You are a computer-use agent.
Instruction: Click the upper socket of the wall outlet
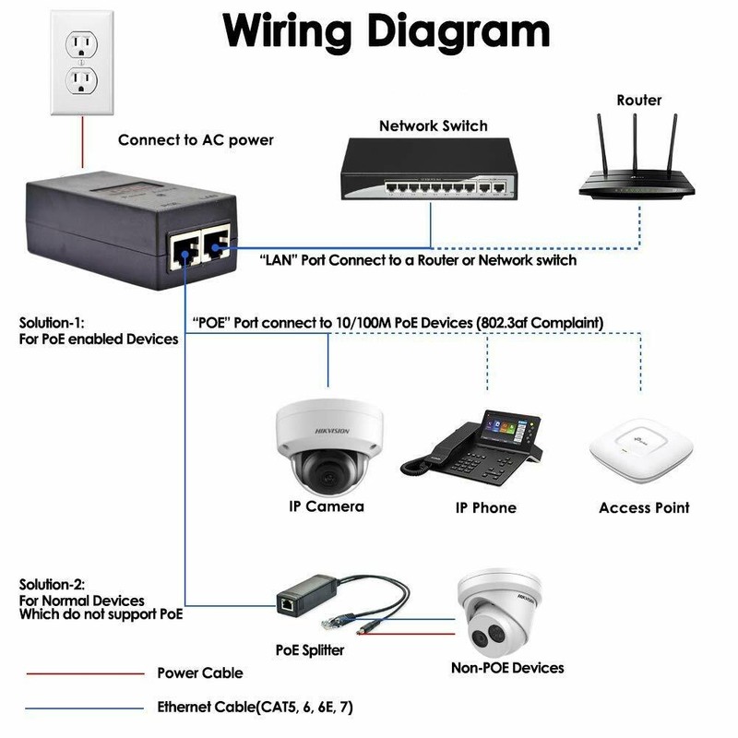click(82, 44)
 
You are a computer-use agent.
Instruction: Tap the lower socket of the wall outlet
click(82, 80)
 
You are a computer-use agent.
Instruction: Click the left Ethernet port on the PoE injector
click(184, 252)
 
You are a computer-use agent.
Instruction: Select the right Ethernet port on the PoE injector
click(217, 244)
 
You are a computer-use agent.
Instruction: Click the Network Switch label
click(433, 125)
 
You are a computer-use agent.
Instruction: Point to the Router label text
click(639, 100)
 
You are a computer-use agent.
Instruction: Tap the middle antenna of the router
click(635, 142)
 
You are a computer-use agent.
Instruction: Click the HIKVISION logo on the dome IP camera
click(332, 431)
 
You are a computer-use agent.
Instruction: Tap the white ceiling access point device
click(641, 450)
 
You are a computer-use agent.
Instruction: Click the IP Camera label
click(327, 506)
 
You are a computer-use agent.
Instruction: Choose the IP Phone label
click(486, 508)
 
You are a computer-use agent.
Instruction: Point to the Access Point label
click(644, 508)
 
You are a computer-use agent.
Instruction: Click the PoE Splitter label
click(310, 650)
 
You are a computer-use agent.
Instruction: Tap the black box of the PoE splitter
click(307, 594)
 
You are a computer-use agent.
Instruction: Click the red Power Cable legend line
click(85, 674)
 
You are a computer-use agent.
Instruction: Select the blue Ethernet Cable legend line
click(84, 708)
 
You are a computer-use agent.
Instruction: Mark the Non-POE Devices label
click(507, 668)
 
